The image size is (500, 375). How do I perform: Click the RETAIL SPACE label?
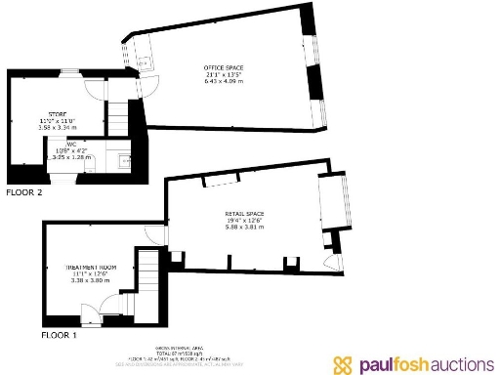tap(244, 213)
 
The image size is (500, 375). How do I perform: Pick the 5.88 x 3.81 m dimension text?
tap(244, 227)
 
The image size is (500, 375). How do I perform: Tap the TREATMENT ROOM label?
tap(92, 267)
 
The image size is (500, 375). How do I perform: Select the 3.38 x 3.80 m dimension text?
tap(92, 280)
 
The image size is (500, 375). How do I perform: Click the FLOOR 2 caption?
tap(25, 192)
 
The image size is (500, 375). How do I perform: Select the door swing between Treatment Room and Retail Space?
tap(155, 234)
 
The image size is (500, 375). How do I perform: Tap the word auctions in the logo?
tap(454, 364)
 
